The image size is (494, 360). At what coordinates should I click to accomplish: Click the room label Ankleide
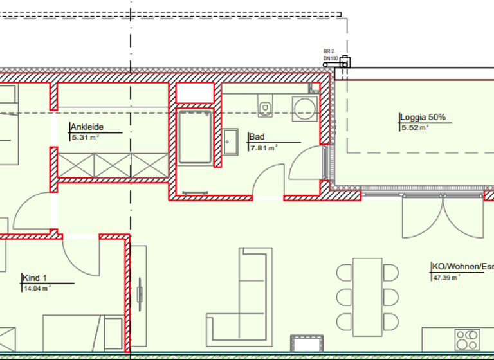pos(87,127)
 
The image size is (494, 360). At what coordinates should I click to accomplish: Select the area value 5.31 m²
pos(85,138)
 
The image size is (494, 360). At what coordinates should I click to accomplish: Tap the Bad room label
pos(256,137)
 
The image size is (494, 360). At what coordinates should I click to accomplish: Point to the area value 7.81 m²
pos(262,147)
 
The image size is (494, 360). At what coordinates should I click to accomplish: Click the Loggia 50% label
pos(423,118)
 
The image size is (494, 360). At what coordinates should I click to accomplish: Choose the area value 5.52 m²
pos(414,128)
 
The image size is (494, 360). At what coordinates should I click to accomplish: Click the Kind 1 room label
pos(35,278)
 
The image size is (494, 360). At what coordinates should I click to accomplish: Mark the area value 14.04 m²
pos(37,288)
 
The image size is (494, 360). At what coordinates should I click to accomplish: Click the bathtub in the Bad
pos(195,137)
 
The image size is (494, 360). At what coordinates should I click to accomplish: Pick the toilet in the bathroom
pos(265,106)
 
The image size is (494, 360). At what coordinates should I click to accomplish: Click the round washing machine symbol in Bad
pos(304,108)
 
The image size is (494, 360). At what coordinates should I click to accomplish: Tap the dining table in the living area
pos(367,295)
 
